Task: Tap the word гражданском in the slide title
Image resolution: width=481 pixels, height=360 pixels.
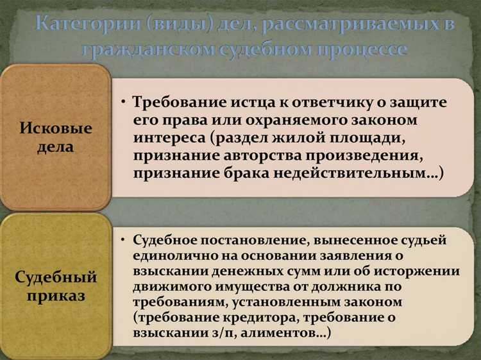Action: pos(144,49)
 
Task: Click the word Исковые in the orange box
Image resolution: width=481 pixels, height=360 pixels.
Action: pos(55,128)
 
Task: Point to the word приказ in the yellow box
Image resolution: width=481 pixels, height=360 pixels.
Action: pos(55,297)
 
